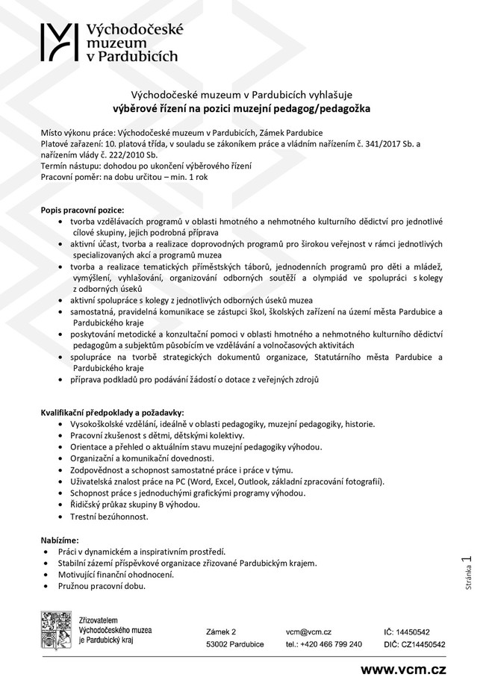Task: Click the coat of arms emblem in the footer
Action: click(x=55, y=633)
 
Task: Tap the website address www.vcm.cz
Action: click(x=403, y=670)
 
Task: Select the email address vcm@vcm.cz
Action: click(x=308, y=632)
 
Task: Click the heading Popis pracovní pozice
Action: click(x=82, y=211)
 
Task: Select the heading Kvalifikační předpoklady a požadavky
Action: click(x=111, y=412)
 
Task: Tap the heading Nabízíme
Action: click(x=60, y=539)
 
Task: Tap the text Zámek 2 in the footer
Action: click(x=221, y=632)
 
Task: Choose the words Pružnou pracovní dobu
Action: click(x=102, y=586)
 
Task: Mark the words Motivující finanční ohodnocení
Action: click(x=116, y=574)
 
